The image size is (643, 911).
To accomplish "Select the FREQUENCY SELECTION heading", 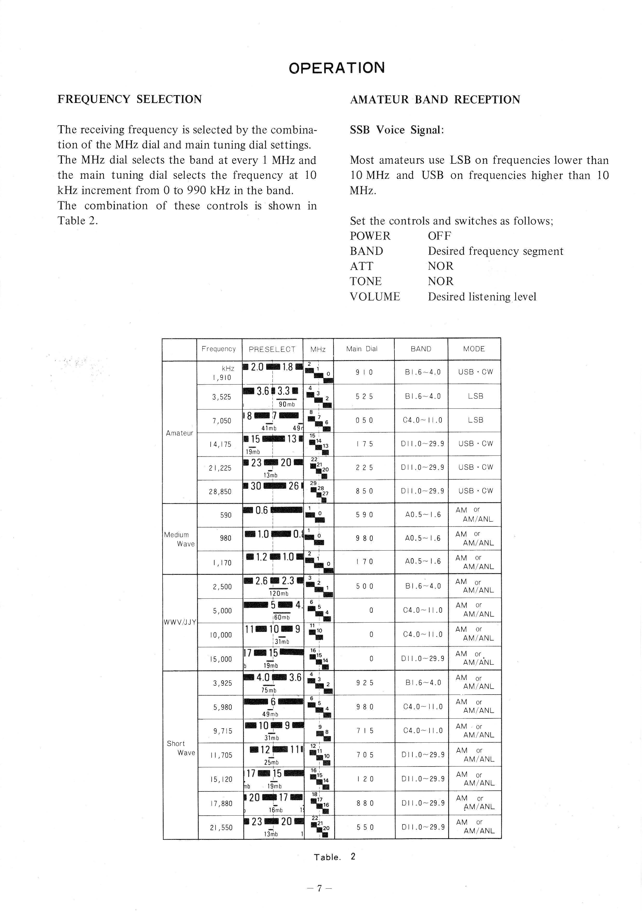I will pyautogui.click(x=130, y=99).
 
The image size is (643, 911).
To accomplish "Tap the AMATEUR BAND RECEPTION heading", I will pyautogui.click(x=435, y=100).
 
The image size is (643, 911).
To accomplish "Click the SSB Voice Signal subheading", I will pyautogui.click(x=396, y=130).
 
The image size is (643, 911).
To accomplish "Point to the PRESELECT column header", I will pyautogui.click(x=272, y=349).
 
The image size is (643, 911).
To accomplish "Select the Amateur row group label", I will pyautogui.click(x=179, y=433).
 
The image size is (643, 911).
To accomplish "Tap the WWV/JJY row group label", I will pyautogui.click(x=180, y=622).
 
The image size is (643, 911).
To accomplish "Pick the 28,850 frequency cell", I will pyautogui.click(x=220, y=491).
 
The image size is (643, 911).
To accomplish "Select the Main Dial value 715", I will pyautogui.click(x=365, y=730).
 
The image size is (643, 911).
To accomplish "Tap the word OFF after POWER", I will pyautogui.click(x=439, y=236).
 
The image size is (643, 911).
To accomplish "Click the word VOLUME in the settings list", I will pyautogui.click(x=375, y=297).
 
